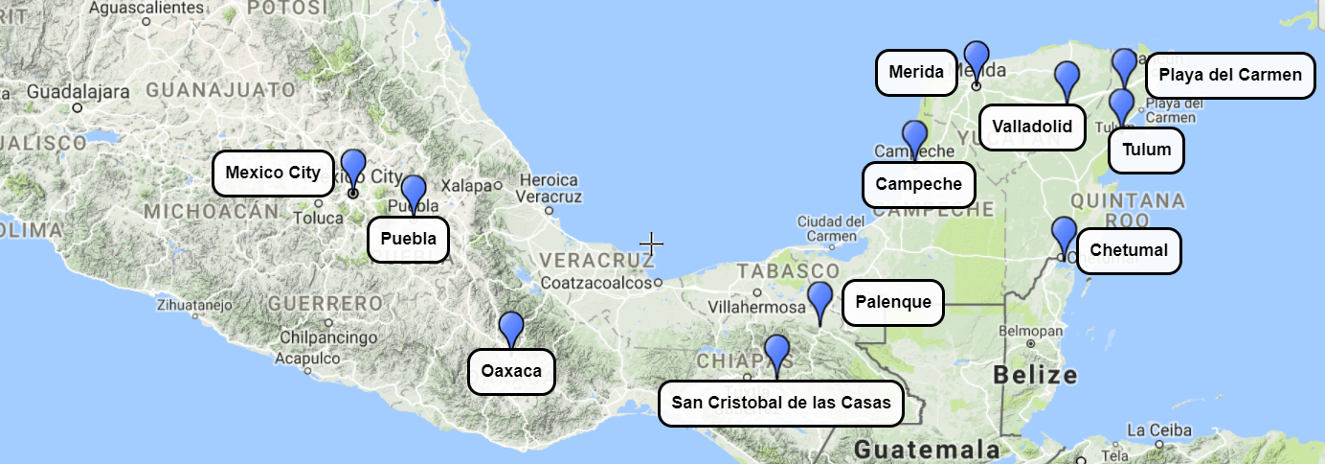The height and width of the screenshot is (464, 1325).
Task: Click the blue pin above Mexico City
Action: (x=353, y=168)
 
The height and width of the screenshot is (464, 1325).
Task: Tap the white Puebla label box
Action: (x=409, y=239)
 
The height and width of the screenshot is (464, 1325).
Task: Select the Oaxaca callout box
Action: (x=511, y=371)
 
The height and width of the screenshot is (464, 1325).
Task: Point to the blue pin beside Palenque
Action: (x=820, y=299)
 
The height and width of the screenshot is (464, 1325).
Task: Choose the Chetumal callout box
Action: (x=1129, y=251)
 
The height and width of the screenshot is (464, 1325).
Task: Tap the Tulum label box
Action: (x=1146, y=150)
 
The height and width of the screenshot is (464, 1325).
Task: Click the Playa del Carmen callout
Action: (x=1229, y=75)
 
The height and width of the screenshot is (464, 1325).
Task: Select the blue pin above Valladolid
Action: (x=1067, y=79)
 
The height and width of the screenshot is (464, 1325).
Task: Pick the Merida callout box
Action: (x=916, y=72)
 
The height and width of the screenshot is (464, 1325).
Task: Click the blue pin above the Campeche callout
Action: (x=914, y=138)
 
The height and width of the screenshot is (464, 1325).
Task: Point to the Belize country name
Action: (x=1036, y=375)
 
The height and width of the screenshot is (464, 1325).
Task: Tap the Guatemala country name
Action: (x=927, y=450)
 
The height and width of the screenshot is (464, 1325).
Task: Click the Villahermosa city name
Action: (x=755, y=308)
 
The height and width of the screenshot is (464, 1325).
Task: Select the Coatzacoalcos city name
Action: (x=595, y=283)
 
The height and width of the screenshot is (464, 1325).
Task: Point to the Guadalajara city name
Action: (x=78, y=92)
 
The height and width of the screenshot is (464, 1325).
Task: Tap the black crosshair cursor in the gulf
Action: (x=652, y=244)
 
